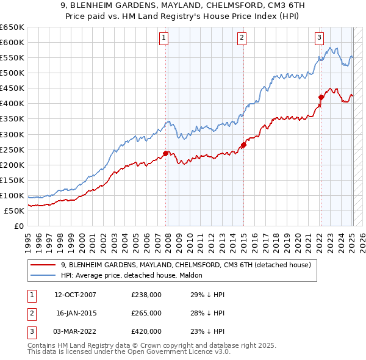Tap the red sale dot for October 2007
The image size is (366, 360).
[165, 153]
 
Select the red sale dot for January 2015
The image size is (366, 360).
[243, 145]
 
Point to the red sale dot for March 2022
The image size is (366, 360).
[321, 97]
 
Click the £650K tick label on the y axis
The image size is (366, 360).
[12, 27]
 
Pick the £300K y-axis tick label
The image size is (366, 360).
[12, 134]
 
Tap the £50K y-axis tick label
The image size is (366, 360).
[15, 211]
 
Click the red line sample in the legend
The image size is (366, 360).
[43, 265]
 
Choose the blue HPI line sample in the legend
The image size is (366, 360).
[43, 276]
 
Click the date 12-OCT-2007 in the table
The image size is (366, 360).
[75, 295]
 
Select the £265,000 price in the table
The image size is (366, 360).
[146, 313]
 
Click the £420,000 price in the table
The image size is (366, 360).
[146, 331]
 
